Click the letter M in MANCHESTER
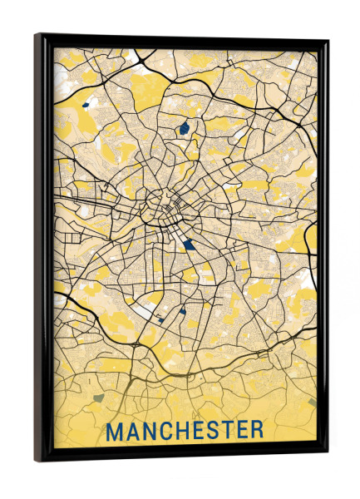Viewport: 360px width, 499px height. tap(116, 431)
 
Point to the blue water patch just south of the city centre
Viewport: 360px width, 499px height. tap(191, 244)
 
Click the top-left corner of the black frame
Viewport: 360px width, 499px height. tap(37, 35)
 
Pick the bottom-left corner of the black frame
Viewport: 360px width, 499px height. tap(37, 460)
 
